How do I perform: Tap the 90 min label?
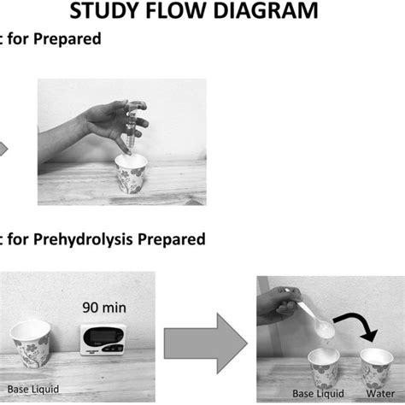click(x=102, y=305)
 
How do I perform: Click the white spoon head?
click(x=324, y=326)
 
